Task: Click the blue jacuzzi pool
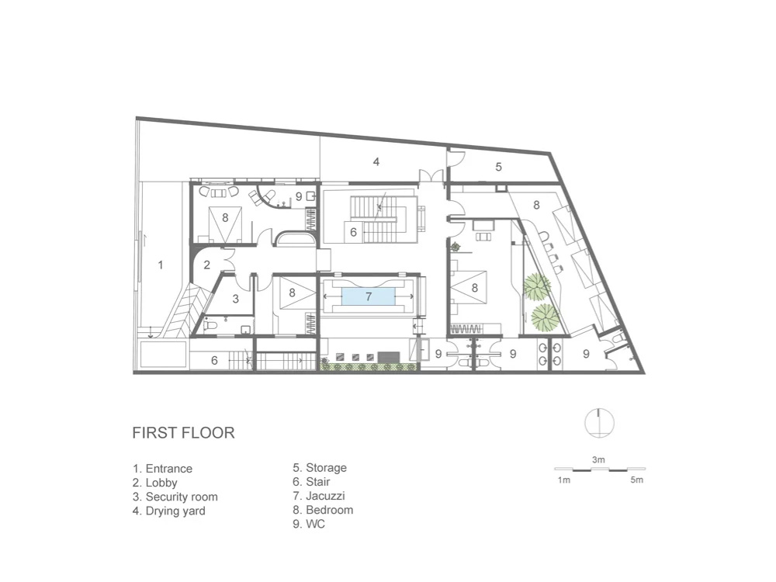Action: tap(368, 296)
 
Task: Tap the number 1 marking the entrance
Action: tap(161, 265)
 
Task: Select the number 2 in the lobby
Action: tap(207, 265)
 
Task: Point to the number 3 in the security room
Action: tap(236, 299)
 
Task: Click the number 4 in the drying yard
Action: tap(376, 162)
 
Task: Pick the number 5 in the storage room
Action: tap(498, 167)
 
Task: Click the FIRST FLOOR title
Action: tap(183, 432)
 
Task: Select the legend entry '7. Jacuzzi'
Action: tap(319, 496)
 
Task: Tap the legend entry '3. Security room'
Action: tap(175, 497)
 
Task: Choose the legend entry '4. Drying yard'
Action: tap(168, 511)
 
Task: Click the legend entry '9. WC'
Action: tap(309, 524)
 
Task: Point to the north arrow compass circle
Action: tap(599, 423)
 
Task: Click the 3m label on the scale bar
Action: tap(598, 459)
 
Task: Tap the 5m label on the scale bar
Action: tap(637, 480)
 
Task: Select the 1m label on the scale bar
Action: tap(563, 480)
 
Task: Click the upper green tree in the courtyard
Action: tap(537, 286)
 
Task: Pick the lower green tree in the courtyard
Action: tap(545, 317)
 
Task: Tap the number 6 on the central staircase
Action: tap(353, 232)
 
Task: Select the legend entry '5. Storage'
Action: tap(320, 468)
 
